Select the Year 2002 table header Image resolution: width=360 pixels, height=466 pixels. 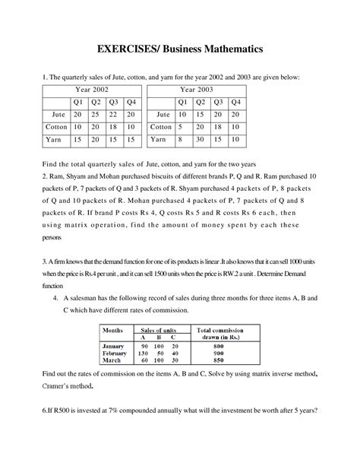click(x=91, y=90)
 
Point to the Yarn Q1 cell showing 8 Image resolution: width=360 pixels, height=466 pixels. click(x=182, y=140)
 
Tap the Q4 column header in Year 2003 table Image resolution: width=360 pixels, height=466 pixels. click(x=235, y=102)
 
